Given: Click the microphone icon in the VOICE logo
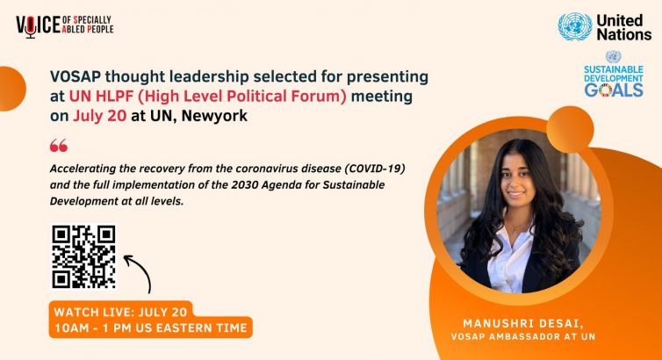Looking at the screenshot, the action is pyautogui.click(x=31, y=27).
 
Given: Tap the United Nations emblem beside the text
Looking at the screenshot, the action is pyautogui.click(x=574, y=26).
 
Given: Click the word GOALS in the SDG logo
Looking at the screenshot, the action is pyautogui.click(x=614, y=90).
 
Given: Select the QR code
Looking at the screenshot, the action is pyautogui.click(x=83, y=256).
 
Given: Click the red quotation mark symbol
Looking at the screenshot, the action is pyautogui.click(x=58, y=146).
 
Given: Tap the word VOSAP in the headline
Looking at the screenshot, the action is pyautogui.click(x=76, y=76).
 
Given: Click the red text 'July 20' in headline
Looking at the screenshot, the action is pyautogui.click(x=99, y=116).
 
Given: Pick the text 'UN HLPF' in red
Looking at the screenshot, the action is pyautogui.click(x=101, y=97).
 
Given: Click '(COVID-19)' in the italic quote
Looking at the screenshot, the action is pyautogui.click(x=375, y=169).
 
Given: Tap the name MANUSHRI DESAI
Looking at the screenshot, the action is pyautogui.click(x=523, y=324).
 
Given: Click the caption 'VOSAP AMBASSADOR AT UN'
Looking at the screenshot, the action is pyautogui.click(x=523, y=337).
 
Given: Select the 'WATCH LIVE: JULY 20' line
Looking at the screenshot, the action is pyautogui.click(x=120, y=312).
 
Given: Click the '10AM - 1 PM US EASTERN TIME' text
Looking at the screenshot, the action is pyautogui.click(x=151, y=328).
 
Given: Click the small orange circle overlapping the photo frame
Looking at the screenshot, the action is pyautogui.click(x=570, y=130).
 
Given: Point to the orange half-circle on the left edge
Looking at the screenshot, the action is pyautogui.click(x=11, y=89).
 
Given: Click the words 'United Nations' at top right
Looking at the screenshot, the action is pyautogui.click(x=624, y=27).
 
